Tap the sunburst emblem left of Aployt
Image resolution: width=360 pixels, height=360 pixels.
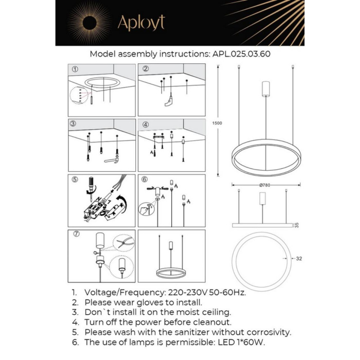pos(89,22)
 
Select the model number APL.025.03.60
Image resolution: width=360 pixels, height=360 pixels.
pos(241,53)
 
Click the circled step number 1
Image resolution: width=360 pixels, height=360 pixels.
pos(75,69)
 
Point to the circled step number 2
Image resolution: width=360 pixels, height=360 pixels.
pos(145,69)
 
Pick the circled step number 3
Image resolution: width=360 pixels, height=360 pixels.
pos(75,124)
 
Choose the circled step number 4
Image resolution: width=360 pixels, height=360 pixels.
pos(145,124)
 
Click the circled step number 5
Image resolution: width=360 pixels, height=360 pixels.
pos(75,179)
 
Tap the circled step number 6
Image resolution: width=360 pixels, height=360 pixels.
pos(145,179)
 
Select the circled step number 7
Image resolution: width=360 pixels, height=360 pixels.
pos(75,235)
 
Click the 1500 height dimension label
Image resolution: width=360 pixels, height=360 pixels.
pos(217,123)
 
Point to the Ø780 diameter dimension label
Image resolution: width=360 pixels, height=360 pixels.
pos(265,185)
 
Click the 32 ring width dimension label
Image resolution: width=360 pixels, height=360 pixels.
pos(298,259)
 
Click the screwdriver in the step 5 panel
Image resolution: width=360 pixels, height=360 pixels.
pos(92,186)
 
